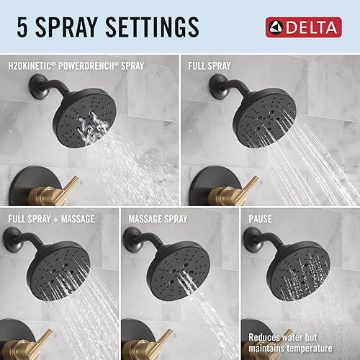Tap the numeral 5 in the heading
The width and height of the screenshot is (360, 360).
coord(20,27)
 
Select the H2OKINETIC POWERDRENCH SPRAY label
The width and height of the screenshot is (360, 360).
coord(76,66)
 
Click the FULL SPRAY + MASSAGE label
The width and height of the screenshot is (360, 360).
coord(53,217)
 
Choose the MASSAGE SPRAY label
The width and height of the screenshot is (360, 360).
coord(158,217)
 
